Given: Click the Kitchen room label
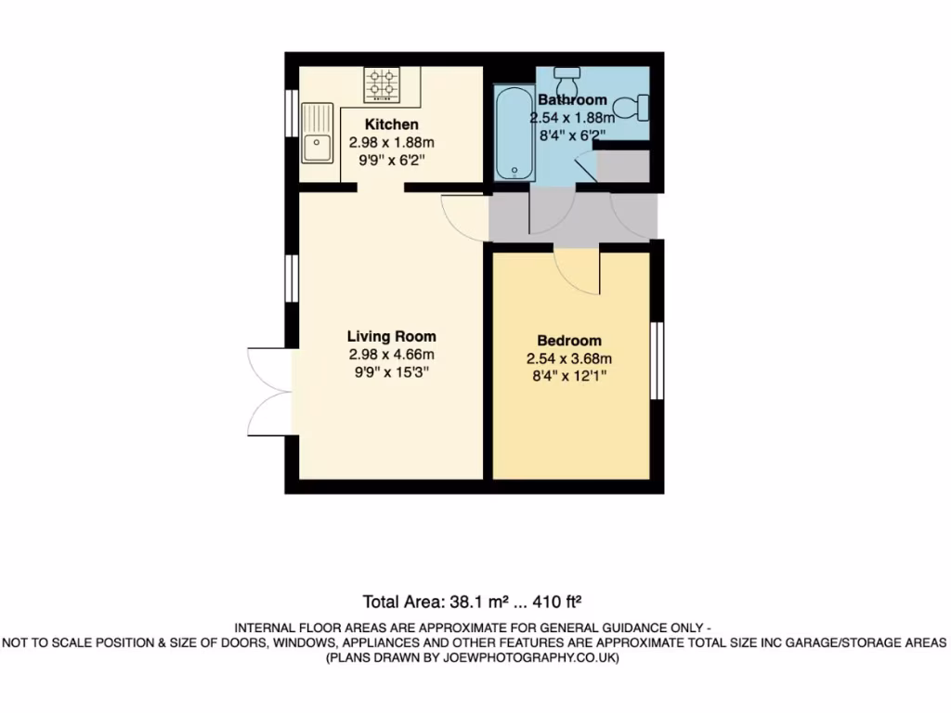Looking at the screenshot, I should pyautogui.click(x=391, y=124).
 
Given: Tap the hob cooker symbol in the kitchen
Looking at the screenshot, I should pyautogui.click(x=381, y=84).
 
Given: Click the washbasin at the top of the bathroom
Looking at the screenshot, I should pyautogui.click(x=567, y=72).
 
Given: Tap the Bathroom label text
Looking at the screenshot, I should pyautogui.click(x=572, y=99).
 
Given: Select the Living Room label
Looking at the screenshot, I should pyautogui.click(x=391, y=336).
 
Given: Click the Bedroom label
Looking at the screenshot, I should pyautogui.click(x=569, y=341).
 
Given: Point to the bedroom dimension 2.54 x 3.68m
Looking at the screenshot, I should pyautogui.click(x=569, y=359).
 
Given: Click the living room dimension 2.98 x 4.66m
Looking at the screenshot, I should pyautogui.click(x=391, y=355).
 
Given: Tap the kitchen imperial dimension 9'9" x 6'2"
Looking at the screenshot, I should pyautogui.click(x=391, y=161).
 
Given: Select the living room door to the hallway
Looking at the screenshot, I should pyautogui.click(x=464, y=219).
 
